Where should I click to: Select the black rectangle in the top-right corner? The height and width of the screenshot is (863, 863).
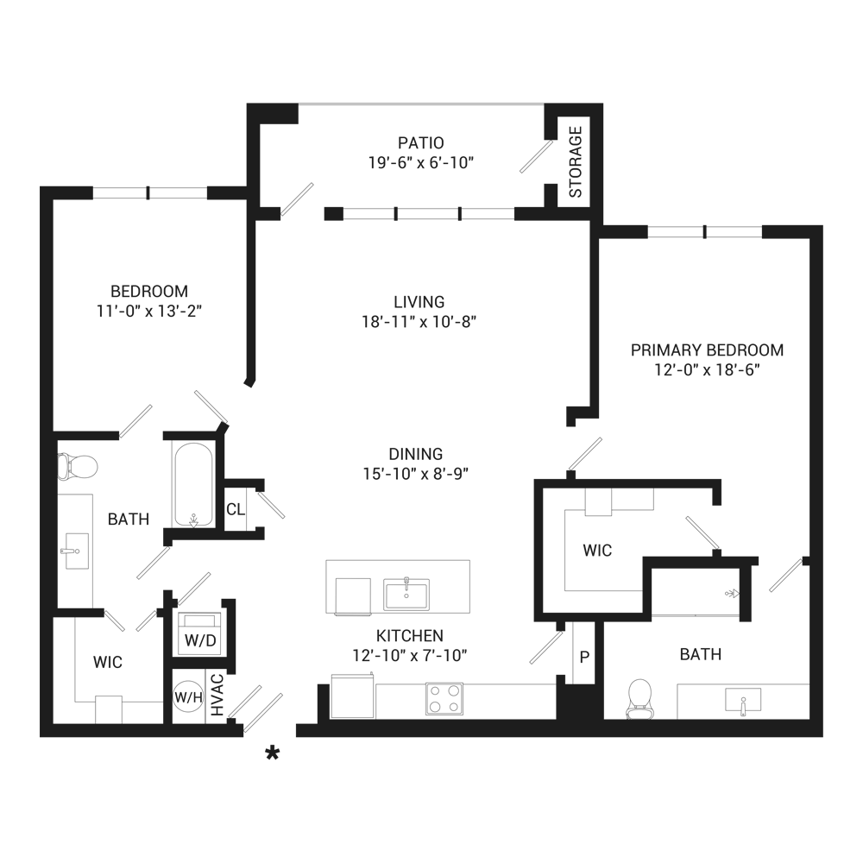coord(752,124)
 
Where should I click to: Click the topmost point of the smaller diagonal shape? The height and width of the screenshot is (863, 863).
coord(511,363)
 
